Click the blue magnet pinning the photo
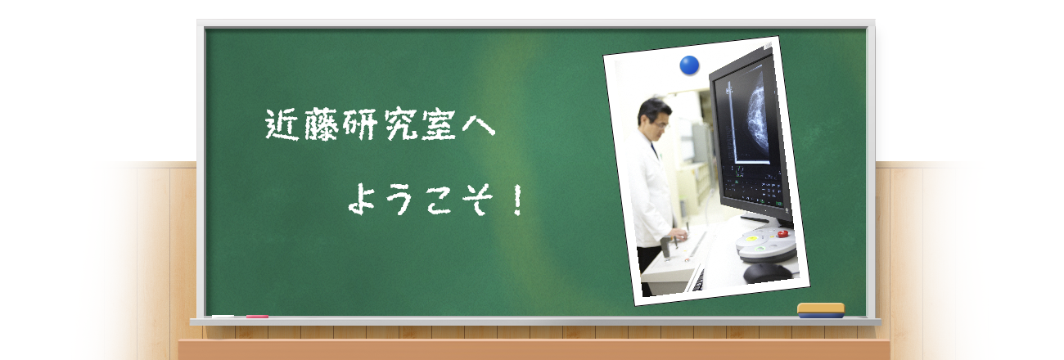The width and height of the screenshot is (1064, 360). (x=689, y=65)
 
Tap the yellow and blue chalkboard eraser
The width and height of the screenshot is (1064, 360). (x=820, y=310)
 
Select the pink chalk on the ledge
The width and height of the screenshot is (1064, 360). (x=257, y=317)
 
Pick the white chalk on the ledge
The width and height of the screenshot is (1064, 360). (x=223, y=317)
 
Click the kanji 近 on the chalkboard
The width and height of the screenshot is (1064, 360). (x=282, y=125)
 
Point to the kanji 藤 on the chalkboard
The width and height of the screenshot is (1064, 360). (x=322, y=124)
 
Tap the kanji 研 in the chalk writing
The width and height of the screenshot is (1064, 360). (x=360, y=124)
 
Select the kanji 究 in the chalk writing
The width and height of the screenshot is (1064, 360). (x=400, y=124)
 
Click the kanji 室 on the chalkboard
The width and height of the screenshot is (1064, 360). (x=439, y=124)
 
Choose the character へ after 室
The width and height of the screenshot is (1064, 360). (x=478, y=126)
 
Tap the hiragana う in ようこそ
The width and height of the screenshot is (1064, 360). (x=399, y=200)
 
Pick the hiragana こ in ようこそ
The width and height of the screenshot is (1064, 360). (x=439, y=200)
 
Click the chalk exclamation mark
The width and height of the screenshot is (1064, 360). (x=518, y=200)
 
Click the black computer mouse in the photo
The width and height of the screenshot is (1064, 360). (x=767, y=273)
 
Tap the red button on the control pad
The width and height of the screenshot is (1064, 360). (x=782, y=233)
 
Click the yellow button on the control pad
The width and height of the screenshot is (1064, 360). (x=751, y=238)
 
